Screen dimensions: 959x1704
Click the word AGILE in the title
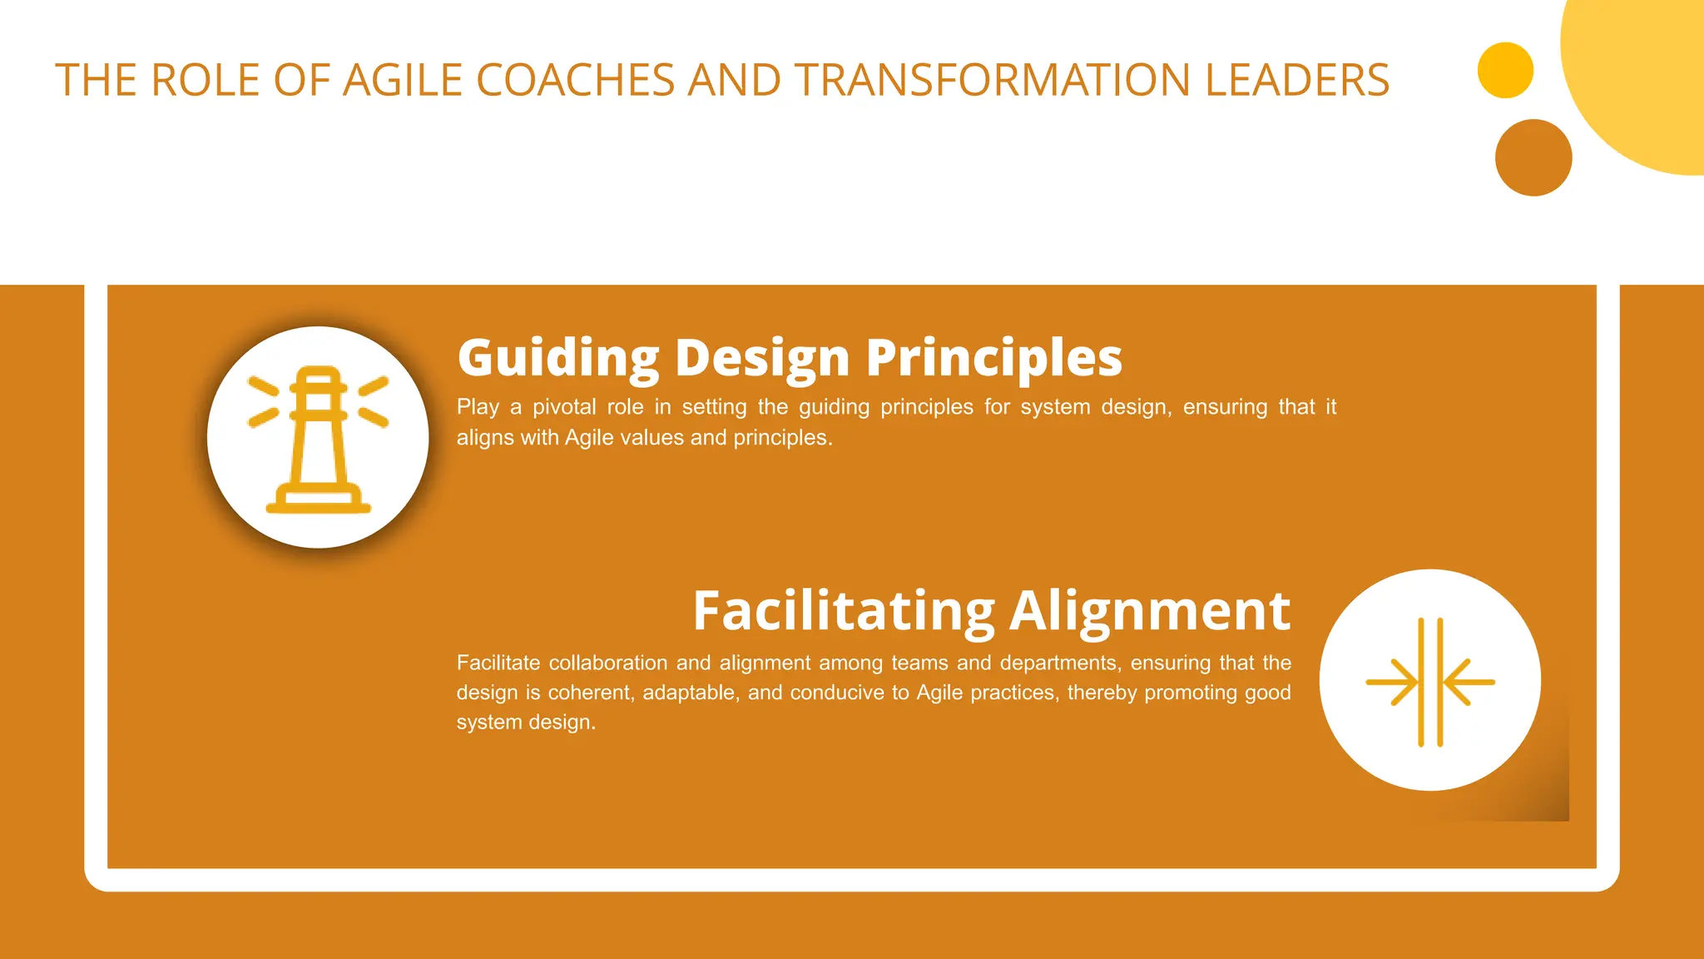click(402, 81)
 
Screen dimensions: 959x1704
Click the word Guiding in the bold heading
click(558, 359)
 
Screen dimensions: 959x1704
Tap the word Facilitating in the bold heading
click(844, 611)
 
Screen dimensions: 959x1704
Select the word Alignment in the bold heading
click(1150, 611)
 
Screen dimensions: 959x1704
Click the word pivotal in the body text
click(564, 407)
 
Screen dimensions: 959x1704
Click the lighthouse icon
click(318, 438)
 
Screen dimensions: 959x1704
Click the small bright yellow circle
click(1505, 71)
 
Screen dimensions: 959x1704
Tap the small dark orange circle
click(1533, 158)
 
